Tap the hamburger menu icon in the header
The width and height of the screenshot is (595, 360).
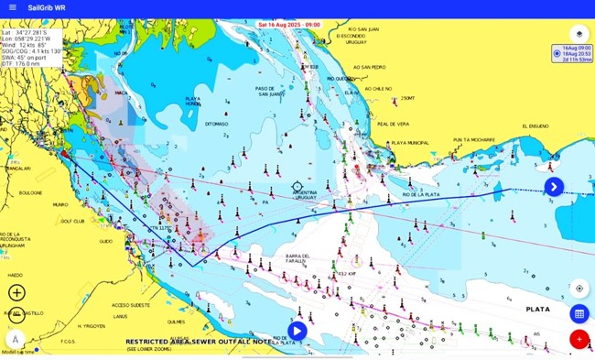pyautogui.click(x=12, y=7)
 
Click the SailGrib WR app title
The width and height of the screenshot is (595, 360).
pyautogui.click(x=47, y=7)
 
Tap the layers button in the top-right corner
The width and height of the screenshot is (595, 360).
pyautogui.click(x=579, y=34)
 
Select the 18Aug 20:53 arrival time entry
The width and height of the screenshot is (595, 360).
pyautogui.click(x=576, y=54)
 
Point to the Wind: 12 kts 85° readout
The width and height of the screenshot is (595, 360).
pyautogui.click(x=27, y=44)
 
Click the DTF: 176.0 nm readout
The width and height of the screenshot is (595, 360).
pyautogui.click(x=22, y=63)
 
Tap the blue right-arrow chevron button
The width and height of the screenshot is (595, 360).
pyautogui.click(x=554, y=187)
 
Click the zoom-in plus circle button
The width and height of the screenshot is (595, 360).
pyautogui.click(x=16, y=293)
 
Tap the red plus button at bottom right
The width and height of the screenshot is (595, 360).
pyautogui.click(x=579, y=339)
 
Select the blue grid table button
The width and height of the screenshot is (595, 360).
pyautogui.click(x=579, y=313)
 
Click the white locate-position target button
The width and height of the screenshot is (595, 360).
pyautogui.click(x=579, y=288)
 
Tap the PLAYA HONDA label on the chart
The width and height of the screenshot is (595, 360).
pyautogui.click(x=193, y=101)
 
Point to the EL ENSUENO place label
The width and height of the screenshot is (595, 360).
pyautogui.click(x=535, y=126)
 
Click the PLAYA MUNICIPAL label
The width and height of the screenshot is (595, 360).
pyautogui.click(x=410, y=143)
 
